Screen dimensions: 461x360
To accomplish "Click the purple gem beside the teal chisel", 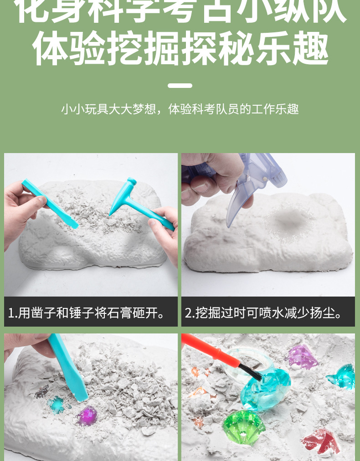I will [x=87, y=415].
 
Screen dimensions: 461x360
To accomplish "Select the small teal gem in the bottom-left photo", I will [x=57, y=405].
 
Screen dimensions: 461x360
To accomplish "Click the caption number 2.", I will [x=188, y=313].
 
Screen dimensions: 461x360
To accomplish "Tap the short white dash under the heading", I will [x=180, y=85].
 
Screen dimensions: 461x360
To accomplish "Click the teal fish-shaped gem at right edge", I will [x=341, y=376].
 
